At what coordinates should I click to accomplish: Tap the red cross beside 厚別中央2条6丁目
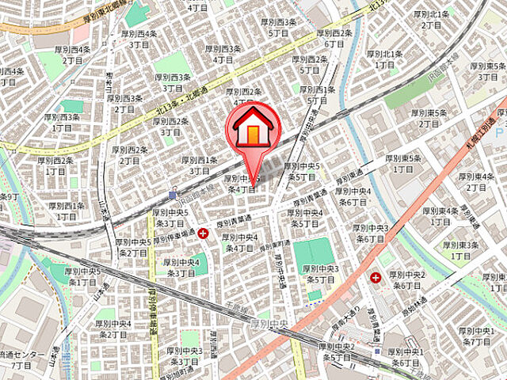point(375,278)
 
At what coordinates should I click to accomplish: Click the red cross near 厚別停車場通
point(204,233)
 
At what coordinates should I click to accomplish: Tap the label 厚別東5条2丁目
point(429,118)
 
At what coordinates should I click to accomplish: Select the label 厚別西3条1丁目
point(63,122)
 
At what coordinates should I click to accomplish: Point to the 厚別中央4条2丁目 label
point(114,329)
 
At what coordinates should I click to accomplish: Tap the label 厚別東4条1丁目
point(442,216)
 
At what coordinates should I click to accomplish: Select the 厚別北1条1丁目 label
point(384,59)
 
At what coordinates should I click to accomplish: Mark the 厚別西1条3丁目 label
point(199,165)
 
